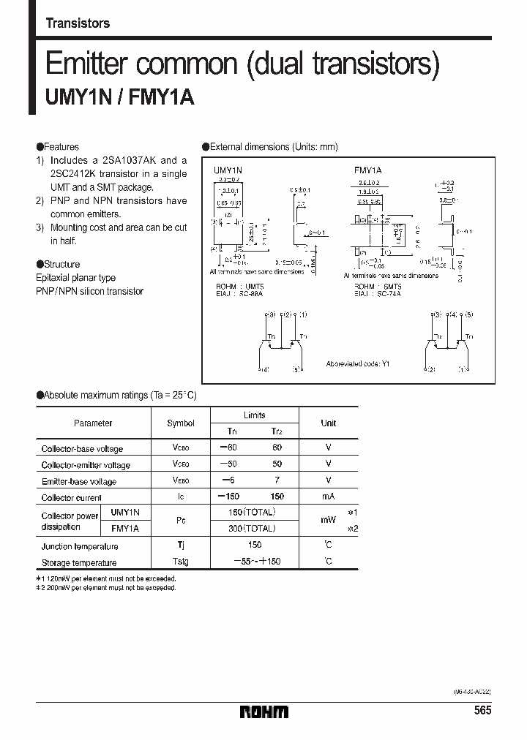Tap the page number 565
click(x=482, y=711)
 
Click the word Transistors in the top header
click(x=78, y=23)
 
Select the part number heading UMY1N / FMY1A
click(x=120, y=97)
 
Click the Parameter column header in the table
click(x=93, y=423)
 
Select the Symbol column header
click(x=181, y=423)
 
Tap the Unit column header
click(x=329, y=423)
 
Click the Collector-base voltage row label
click(x=82, y=449)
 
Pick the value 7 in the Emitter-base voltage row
click(x=277, y=480)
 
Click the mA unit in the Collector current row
click(x=329, y=497)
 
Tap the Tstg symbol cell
click(x=180, y=562)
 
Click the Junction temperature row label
click(x=80, y=546)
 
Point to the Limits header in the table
click(x=254, y=415)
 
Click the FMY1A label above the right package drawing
click(x=368, y=170)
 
